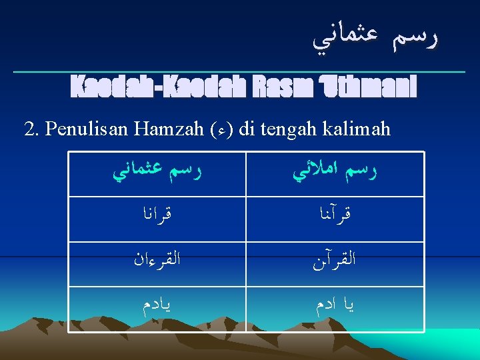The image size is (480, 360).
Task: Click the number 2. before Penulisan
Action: pos(31,129)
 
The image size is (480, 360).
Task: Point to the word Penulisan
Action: pos(86,129)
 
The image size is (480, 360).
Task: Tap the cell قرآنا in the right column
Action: pos(335,219)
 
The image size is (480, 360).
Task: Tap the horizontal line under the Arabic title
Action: pos(240,71)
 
